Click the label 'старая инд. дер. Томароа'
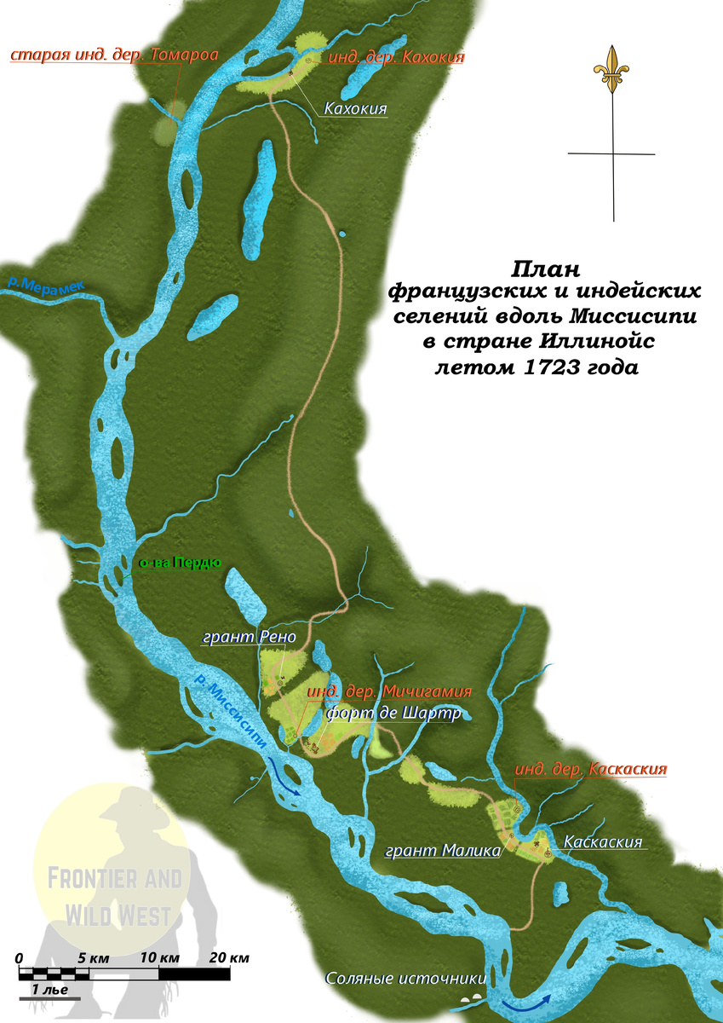[x=114, y=55]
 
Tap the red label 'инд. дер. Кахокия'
[x=396, y=57]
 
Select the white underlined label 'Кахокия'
[x=355, y=109]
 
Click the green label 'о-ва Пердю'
[x=180, y=562]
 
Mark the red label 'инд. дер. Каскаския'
[x=590, y=769]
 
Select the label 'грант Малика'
[x=442, y=850]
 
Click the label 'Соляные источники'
[x=405, y=979]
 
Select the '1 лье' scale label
[x=50, y=990]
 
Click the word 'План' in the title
[x=545, y=269]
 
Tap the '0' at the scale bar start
[x=20, y=957]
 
